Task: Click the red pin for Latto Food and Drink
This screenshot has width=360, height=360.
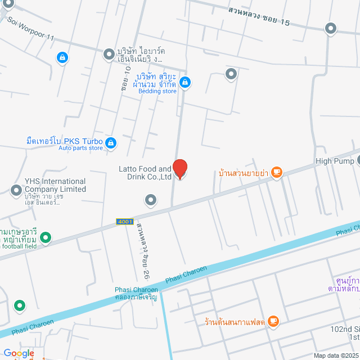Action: tap(179, 169)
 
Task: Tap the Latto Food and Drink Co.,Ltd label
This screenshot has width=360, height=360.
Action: tap(145, 173)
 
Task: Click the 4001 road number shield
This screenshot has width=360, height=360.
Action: tap(125, 222)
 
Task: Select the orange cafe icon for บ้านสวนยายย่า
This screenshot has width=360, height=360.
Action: tap(276, 173)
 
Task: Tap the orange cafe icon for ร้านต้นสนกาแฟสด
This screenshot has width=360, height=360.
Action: tap(273, 321)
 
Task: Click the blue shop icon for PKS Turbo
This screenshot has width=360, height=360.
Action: tap(111, 143)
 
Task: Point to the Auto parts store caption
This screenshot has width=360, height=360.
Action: tap(80, 148)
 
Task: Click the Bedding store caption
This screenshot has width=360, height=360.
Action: tap(157, 91)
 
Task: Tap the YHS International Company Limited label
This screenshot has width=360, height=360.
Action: tap(55, 185)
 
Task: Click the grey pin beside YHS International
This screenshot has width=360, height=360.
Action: tap(16, 191)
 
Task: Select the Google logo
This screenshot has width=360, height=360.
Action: tap(19, 353)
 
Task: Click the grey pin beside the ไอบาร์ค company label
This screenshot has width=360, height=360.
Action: tap(109, 55)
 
